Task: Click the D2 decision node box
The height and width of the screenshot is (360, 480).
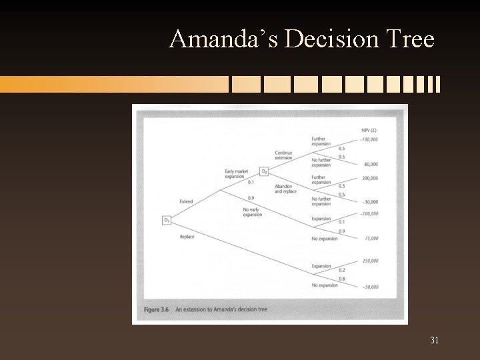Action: pos(264,171)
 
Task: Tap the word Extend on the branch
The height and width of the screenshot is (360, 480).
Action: pos(186,201)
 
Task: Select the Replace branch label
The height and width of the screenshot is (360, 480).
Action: pos(187,237)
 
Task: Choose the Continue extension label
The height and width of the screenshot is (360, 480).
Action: pos(283,155)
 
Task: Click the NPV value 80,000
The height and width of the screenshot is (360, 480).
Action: pos(371,164)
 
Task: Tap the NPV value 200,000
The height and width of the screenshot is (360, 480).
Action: pos(370,178)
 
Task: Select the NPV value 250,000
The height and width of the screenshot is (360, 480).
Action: pos(370,261)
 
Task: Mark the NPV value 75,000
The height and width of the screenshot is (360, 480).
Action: pos(371,238)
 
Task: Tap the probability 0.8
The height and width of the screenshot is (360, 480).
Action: pos(341,279)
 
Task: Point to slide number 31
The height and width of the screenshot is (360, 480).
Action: pos(434,341)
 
